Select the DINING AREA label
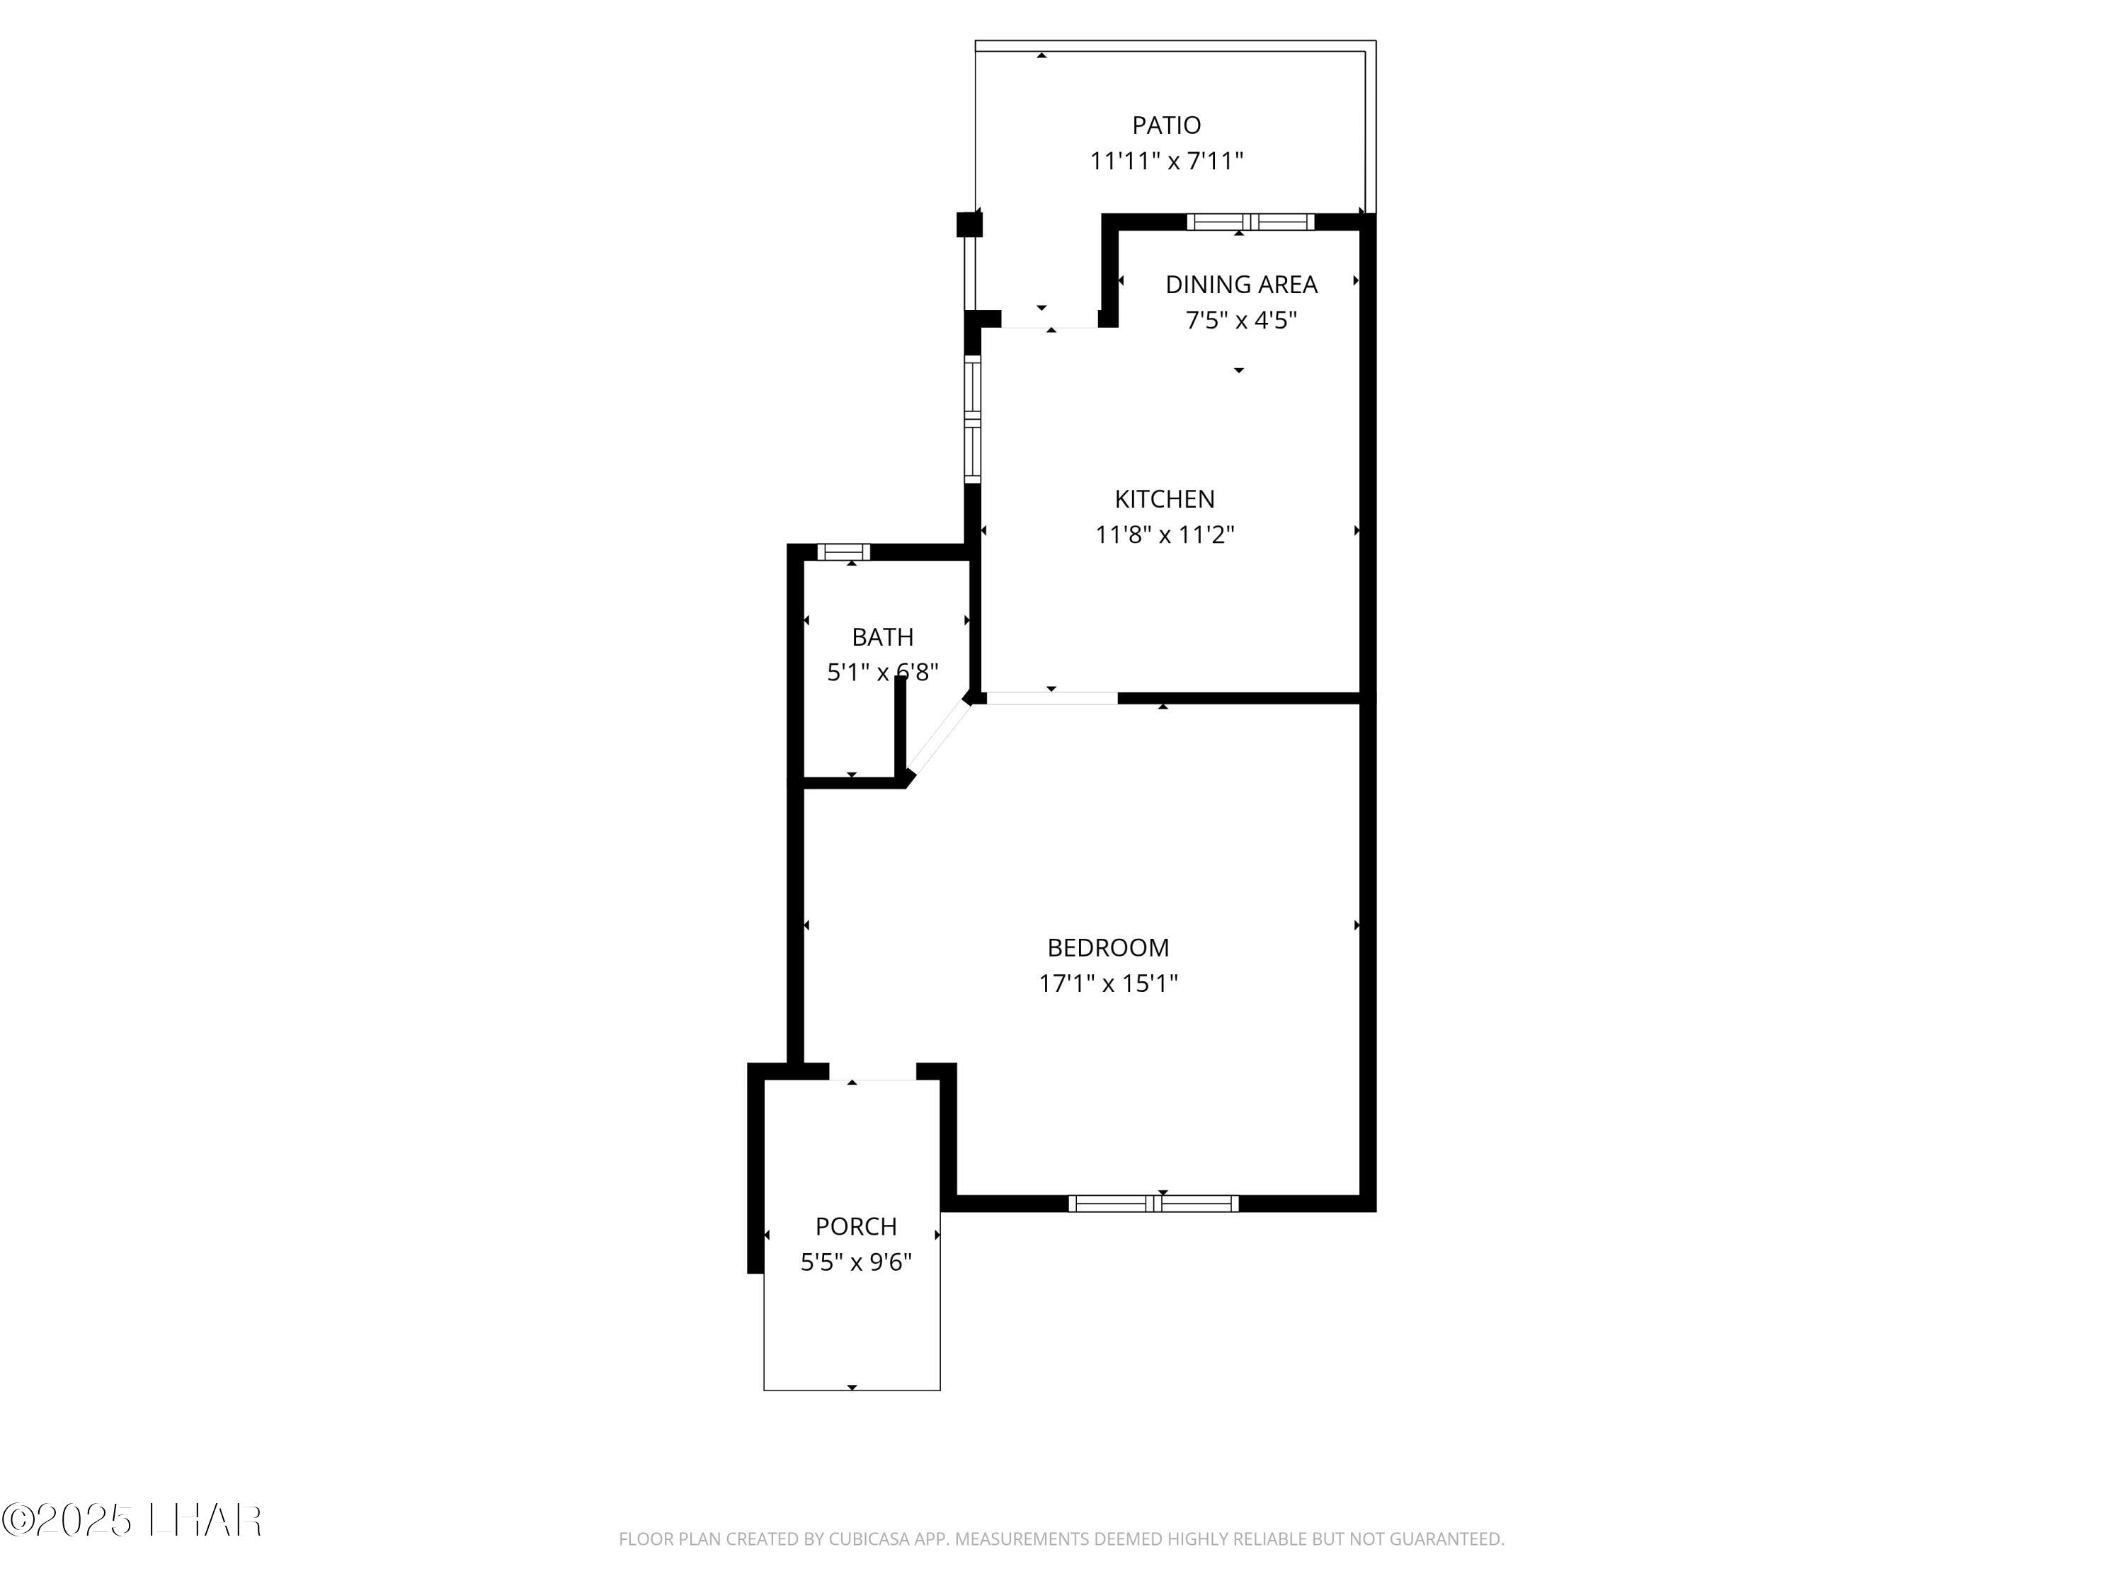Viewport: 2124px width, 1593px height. (1240, 284)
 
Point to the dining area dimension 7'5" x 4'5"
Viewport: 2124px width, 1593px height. (1240, 321)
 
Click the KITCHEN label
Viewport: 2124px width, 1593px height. (1164, 498)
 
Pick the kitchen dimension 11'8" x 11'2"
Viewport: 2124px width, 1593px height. (1164, 535)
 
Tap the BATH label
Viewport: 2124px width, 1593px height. (881, 636)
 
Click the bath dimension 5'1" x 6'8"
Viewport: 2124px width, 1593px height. (881, 672)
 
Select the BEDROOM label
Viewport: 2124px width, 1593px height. (1107, 948)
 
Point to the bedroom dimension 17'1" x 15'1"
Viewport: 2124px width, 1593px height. (1107, 983)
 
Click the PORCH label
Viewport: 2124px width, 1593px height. (855, 1226)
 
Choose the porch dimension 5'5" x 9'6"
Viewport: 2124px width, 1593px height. (855, 1262)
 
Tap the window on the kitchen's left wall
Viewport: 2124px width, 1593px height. (973, 418)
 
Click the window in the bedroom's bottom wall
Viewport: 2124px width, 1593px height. (1153, 1203)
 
